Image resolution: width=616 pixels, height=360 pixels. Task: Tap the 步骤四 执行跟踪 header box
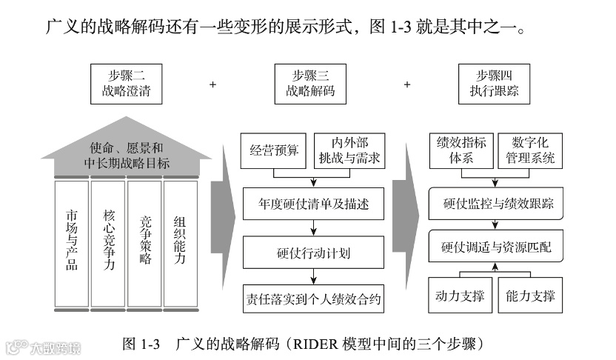[494, 83]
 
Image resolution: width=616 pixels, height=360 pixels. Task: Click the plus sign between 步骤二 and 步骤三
[212, 84]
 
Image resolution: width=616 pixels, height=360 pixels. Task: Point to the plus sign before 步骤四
[406, 84]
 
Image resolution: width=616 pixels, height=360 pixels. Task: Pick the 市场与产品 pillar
[72, 241]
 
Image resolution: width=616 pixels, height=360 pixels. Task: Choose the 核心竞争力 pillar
[108, 241]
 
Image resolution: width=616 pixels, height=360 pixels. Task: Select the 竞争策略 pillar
[144, 241]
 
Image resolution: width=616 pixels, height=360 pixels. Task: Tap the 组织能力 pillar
[180, 241]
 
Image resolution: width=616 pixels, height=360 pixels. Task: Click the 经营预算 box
[274, 150]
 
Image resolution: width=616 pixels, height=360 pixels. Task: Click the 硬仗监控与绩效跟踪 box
[495, 203]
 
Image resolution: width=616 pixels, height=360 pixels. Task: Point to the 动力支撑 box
[459, 297]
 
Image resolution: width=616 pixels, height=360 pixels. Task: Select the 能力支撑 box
[530, 297]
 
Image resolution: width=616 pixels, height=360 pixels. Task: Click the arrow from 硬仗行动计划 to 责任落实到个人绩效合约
[314, 276]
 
